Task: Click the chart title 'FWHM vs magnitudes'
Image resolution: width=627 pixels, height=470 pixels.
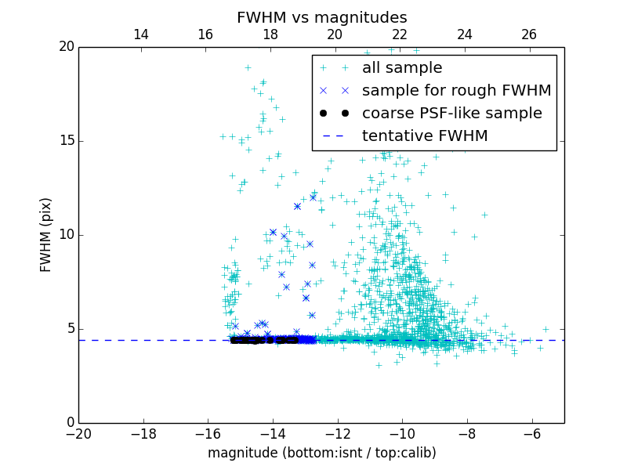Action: (x=321, y=17)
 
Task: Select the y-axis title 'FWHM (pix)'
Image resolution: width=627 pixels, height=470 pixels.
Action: (x=46, y=234)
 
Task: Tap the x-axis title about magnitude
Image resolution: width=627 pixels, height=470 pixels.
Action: (x=321, y=453)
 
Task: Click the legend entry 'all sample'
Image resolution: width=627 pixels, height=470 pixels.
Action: (x=401, y=68)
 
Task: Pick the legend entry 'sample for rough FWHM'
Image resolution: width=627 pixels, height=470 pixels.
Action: (x=456, y=91)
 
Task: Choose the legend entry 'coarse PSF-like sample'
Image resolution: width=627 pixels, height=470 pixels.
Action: (x=451, y=114)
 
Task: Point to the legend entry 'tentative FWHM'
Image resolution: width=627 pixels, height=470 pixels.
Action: (x=424, y=136)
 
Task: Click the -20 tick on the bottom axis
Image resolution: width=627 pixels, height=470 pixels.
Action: (x=78, y=433)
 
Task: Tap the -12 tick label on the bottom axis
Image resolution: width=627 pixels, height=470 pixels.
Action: (x=337, y=433)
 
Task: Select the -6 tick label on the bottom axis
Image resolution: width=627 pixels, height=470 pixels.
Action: (x=531, y=433)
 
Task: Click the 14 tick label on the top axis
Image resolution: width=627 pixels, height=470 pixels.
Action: (x=141, y=34)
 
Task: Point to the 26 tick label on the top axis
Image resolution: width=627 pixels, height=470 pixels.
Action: (x=529, y=34)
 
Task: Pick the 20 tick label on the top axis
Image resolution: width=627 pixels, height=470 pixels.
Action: (x=335, y=34)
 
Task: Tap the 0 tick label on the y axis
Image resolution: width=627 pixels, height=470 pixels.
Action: (x=69, y=423)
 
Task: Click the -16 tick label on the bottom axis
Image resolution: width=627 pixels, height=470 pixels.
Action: (x=208, y=433)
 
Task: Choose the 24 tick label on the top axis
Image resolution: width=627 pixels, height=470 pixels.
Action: (x=464, y=34)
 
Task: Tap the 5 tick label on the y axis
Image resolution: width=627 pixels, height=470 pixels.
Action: (x=69, y=329)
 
